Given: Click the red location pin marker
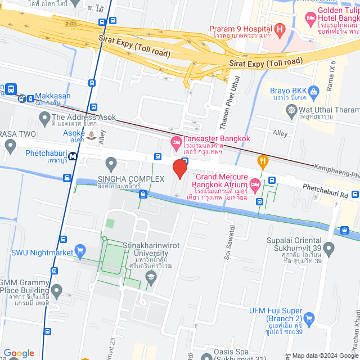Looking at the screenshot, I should click(179, 169).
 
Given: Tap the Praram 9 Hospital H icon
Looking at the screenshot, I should click(280, 29).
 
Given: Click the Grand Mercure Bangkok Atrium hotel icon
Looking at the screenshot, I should click(255, 184).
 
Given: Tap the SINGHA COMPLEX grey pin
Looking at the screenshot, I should click(111, 164).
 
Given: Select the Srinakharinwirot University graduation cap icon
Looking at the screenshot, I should click(151, 276).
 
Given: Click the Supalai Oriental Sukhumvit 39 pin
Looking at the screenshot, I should click(330, 247).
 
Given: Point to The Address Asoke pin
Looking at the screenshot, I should click(44, 118).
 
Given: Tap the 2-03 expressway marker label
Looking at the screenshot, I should click(70, 24).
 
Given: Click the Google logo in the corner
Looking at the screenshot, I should click(19, 353).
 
